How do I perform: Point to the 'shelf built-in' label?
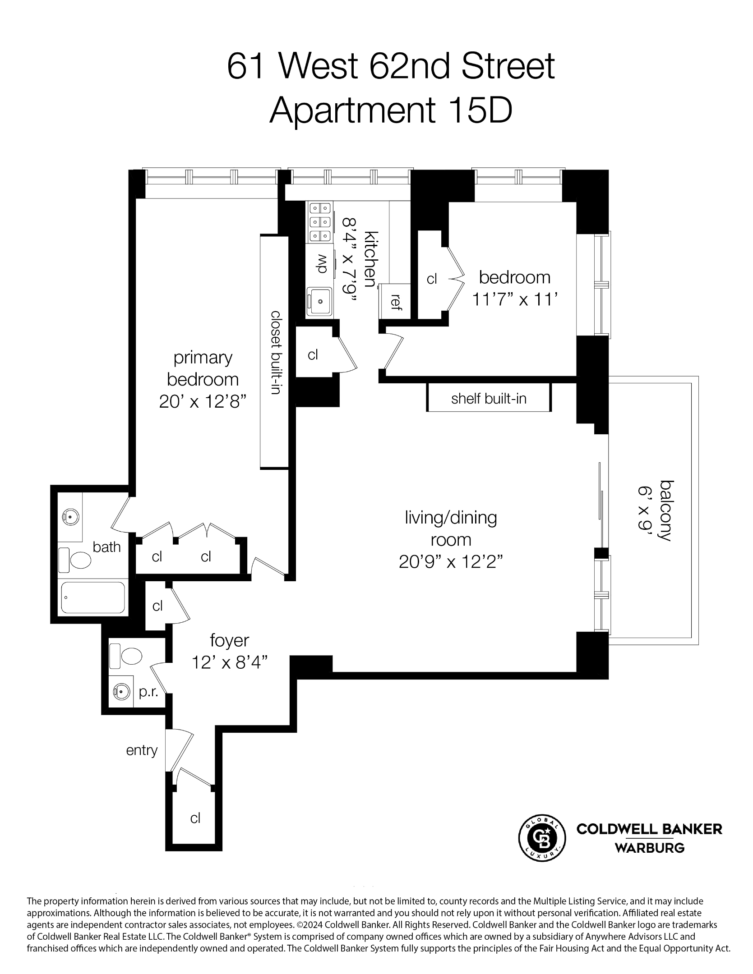489,398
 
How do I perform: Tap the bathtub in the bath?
93,597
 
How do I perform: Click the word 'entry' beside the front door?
142,751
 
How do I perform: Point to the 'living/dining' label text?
451,518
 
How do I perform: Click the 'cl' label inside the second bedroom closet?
432,279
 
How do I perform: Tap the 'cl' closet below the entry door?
195,818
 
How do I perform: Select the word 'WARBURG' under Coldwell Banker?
650,848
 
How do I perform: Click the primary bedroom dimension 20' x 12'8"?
203,401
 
